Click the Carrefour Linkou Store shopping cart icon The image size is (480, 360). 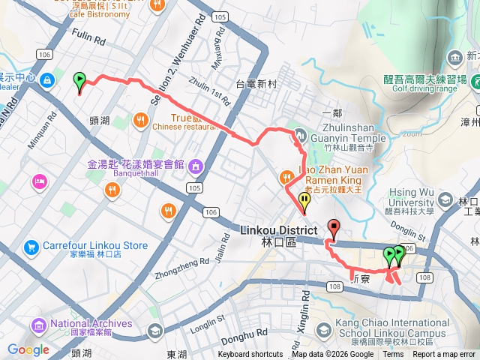pos(31,246)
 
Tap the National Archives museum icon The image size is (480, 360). pos(39,325)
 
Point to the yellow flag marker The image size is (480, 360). pos(304,200)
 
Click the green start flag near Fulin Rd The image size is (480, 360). pos(79,79)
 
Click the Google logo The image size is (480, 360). pos(28,349)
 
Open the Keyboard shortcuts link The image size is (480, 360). pos(250,355)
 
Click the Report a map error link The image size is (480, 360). pos(444,355)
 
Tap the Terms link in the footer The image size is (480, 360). pos(393,355)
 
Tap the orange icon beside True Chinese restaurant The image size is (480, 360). pos(141,119)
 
